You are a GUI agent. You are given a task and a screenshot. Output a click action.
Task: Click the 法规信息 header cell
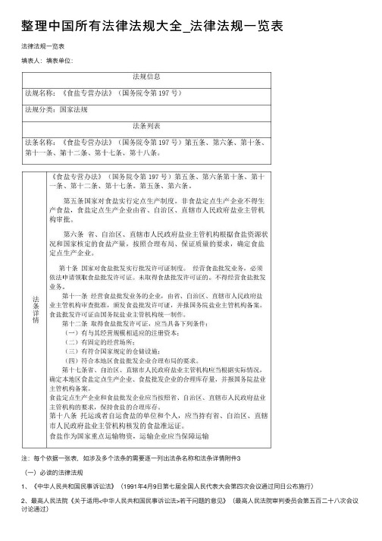click(x=146, y=77)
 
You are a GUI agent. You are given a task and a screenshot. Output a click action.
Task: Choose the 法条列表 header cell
click(x=146, y=124)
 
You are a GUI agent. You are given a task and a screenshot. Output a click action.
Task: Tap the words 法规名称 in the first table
click(x=39, y=93)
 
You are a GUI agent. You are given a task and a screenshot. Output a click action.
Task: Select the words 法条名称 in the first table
click(x=39, y=141)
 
